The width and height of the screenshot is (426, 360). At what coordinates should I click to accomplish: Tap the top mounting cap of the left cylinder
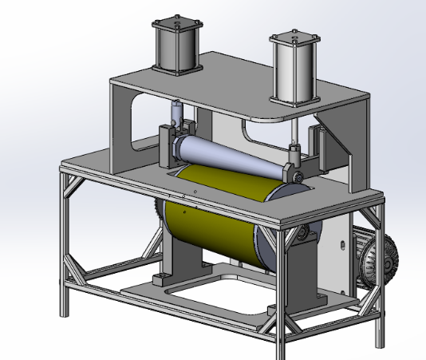[175, 22]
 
